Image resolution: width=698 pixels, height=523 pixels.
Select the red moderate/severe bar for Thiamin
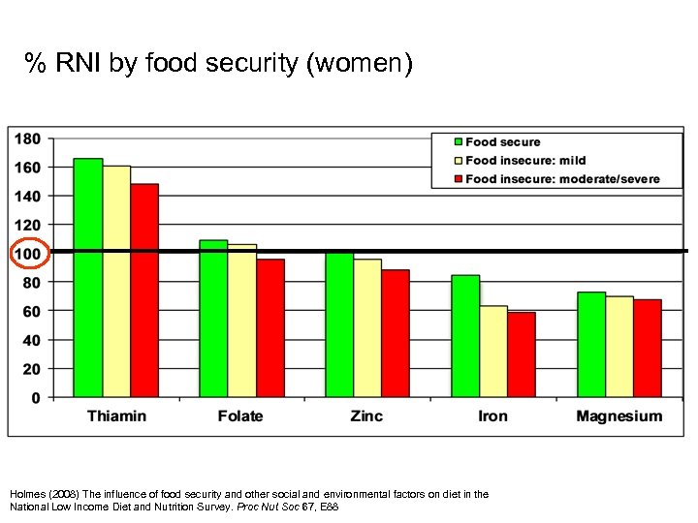144,290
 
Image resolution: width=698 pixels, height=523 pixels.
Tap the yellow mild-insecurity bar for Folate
242,320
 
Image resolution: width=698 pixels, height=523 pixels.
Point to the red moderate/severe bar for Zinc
396,333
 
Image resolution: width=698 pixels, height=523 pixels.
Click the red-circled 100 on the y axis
27,254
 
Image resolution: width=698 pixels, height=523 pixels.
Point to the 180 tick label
27,138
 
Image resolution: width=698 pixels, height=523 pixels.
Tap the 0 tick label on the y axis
36,397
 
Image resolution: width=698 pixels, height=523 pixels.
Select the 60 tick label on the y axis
31,311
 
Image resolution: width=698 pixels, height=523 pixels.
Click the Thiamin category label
116,416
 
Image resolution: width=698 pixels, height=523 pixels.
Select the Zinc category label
366,416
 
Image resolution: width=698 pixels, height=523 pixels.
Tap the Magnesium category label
619,416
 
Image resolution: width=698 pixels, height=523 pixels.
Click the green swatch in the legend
458,142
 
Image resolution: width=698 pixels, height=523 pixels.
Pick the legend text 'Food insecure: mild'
525,161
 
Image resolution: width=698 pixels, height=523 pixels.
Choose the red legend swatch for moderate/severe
458,179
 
